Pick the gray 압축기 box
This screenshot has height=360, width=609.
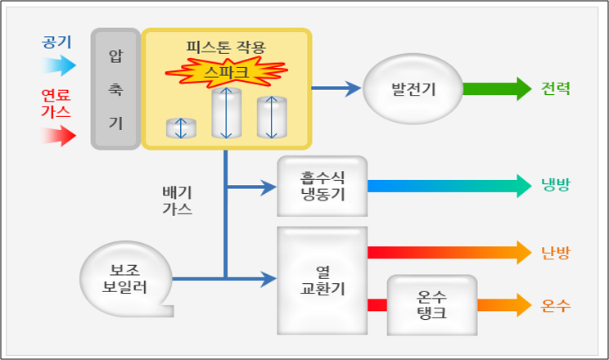(x=115, y=89)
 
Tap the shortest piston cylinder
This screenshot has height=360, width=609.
(x=182, y=128)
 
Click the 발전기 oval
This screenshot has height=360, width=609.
(x=413, y=89)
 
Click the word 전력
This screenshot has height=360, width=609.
(x=556, y=89)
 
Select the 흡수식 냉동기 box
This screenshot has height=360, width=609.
(x=322, y=186)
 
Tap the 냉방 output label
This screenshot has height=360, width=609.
(x=556, y=186)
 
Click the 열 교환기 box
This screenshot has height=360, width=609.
(x=322, y=279)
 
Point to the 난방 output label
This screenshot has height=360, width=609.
(x=556, y=252)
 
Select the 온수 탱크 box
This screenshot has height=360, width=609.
(x=431, y=304)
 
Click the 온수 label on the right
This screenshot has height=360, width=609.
(x=556, y=306)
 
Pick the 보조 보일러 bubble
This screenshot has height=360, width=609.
(x=126, y=278)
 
